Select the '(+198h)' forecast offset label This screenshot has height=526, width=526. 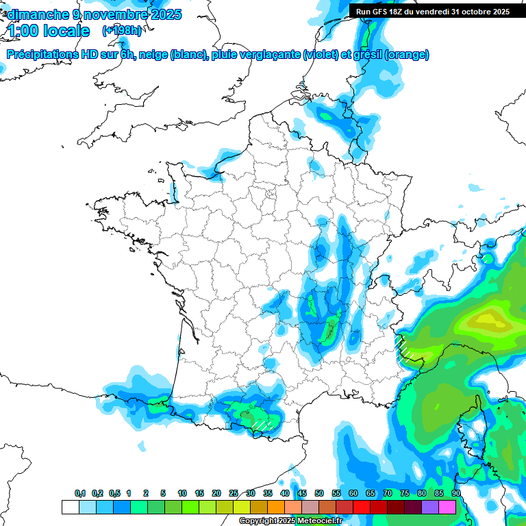[x=122, y=31]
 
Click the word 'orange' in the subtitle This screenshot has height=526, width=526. [x=408, y=55]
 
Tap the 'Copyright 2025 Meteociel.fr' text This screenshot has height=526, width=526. [x=290, y=521]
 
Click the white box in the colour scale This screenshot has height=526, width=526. [x=70, y=507]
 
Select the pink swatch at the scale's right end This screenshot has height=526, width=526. [x=447, y=507]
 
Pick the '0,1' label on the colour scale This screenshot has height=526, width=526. [x=80, y=493]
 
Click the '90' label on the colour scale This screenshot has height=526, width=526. [x=456, y=493]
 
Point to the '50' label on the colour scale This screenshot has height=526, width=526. [x=319, y=493]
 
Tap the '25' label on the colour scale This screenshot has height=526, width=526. [x=234, y=493]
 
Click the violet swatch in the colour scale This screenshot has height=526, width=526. [x=430, y=507]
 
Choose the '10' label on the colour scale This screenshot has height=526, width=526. [x=182, y=493]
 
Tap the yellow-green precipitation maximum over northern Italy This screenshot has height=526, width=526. [x=488, y=318]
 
